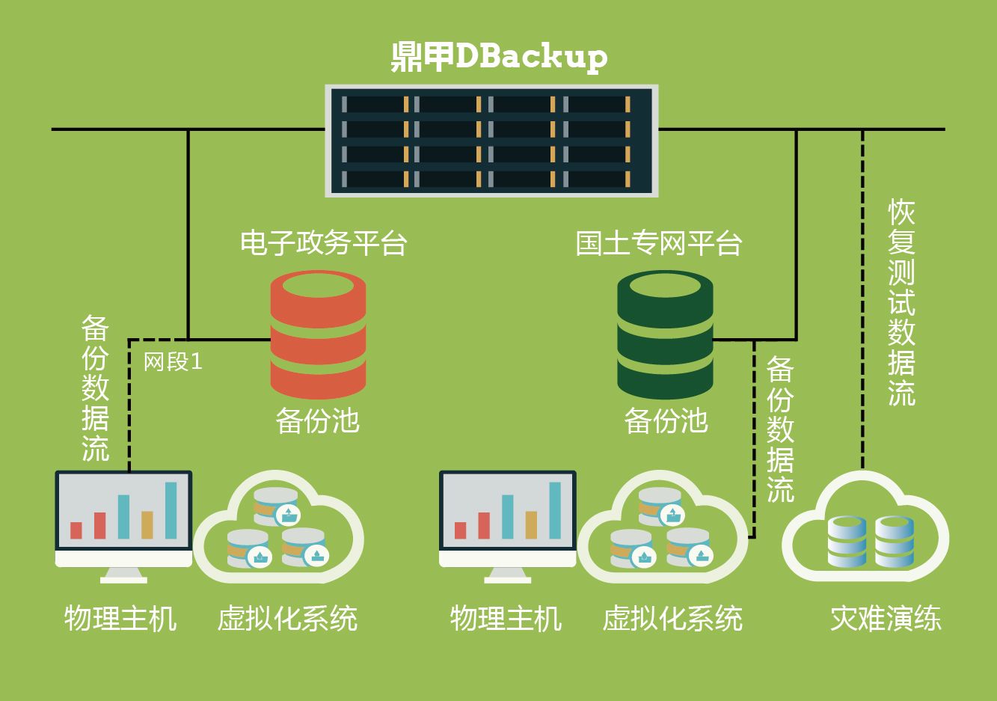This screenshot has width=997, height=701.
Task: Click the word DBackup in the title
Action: [531, 57]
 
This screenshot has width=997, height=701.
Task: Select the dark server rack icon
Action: [491, 141]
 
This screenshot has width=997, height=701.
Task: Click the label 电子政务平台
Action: [323, 243]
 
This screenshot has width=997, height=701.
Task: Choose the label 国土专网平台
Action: [658, 243]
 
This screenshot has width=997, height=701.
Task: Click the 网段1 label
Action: [173, 362]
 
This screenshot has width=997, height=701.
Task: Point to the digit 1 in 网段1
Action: [197, 362]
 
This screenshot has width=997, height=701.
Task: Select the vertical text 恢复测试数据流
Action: [901, 303]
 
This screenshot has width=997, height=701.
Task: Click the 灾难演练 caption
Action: [886, 619]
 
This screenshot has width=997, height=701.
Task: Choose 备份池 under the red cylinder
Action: [318, 420]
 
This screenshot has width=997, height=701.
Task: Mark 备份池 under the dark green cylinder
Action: [666, 420]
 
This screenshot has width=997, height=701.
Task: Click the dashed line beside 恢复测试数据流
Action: [862, 299]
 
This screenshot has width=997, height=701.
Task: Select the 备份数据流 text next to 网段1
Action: [95, 389]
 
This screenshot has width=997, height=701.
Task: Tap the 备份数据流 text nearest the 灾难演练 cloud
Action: [780, 429]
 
